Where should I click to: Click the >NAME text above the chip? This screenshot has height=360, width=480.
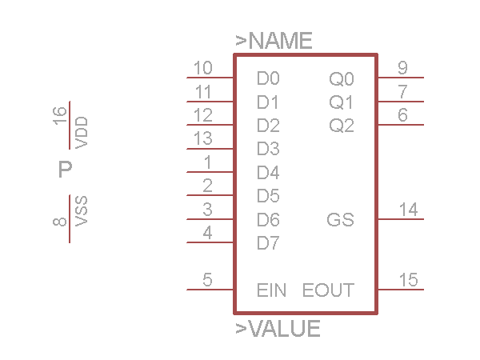pos(274,42)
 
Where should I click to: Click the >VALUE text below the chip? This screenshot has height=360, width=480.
pos(278,329)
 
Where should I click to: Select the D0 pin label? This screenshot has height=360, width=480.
pos(268,79)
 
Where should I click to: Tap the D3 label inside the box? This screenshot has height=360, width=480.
pos(268,149)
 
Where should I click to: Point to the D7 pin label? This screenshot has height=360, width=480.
pos(268,243)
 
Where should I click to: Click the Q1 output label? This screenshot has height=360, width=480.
pos(342,102)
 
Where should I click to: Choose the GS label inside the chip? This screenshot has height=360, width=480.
pos(341,220)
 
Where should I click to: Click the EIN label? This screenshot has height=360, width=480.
pos(272,290)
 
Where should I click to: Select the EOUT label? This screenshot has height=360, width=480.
pos(328,290)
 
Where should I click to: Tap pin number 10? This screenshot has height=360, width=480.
pos(203,68)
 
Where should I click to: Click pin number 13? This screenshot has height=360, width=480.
pos(203,138)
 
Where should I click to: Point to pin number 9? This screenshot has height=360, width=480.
pos(402,68)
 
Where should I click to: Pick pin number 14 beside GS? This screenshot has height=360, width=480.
pos(408,210)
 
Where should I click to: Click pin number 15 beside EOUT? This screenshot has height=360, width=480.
pos(408,280)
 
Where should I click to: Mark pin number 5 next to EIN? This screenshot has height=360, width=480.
pos(207,280)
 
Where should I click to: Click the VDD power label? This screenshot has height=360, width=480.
pos(81,132)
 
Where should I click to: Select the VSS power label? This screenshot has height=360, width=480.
pos(81,211)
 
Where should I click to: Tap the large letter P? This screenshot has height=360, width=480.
pos(66,170)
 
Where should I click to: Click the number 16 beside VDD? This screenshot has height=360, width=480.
pos(60,117)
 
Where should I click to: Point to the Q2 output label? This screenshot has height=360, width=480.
pos(342,126)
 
